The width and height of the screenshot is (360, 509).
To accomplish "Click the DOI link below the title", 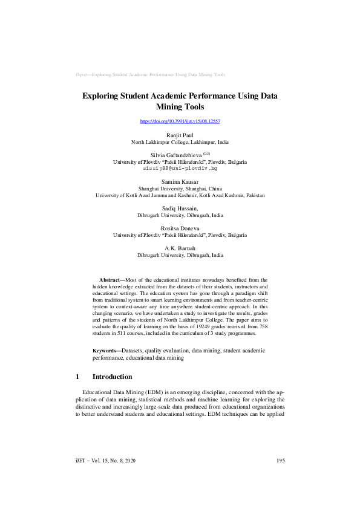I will (180, 121).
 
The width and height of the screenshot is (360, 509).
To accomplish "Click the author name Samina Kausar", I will (180, 182).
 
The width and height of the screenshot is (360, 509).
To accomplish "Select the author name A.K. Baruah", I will (180, 248).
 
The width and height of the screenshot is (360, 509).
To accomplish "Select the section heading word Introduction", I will (112, 377).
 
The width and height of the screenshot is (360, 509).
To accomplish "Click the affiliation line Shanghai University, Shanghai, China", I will (180, 189).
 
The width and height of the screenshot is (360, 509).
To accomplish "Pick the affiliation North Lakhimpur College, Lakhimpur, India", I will (180, 142).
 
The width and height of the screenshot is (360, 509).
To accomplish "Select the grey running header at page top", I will (150, 75).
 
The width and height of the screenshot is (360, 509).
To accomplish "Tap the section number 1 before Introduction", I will (77, 377).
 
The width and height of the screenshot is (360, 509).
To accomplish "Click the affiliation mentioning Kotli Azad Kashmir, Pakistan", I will (180, 195).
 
